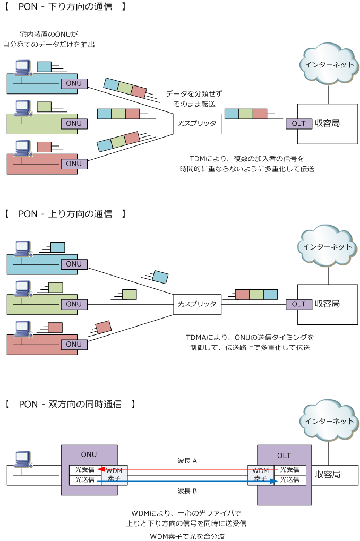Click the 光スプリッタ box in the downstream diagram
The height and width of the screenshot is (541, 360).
tap(196, 124)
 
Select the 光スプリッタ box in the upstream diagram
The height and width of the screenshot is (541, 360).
tap(196, 304)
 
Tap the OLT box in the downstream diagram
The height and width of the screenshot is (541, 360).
tap(299, 124)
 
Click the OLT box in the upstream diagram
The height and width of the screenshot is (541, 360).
tap(299, 304)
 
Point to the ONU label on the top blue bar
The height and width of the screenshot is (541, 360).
tap(74, 83)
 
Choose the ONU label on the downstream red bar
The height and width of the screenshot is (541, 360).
tap(74, 164)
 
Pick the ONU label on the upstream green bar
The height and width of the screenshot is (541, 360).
tap(74, 304)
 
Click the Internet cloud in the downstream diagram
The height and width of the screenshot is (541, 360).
tap(328, 64)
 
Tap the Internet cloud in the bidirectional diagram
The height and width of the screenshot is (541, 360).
tap(328, 421)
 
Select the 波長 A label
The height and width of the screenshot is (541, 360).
tap(187, 461)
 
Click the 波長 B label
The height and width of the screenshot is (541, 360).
tap(187, 491)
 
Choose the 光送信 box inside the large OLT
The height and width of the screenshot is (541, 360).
tap(289, 479)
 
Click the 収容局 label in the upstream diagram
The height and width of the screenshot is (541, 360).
tap(327, 304)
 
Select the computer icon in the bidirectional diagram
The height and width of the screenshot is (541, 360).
tap(24, 460)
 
